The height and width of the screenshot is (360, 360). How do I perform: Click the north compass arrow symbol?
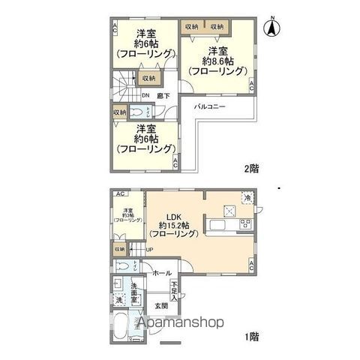[274, 28]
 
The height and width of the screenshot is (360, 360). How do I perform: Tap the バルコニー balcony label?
[211, 108]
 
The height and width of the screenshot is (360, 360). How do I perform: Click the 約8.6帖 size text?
[217, 61]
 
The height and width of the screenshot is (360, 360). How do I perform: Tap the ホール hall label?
[162, 273]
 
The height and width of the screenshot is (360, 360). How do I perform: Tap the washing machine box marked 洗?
[118, 299]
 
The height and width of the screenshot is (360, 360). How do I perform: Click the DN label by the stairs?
[145, 95]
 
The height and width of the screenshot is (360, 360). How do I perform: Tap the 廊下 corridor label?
[163, 95]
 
